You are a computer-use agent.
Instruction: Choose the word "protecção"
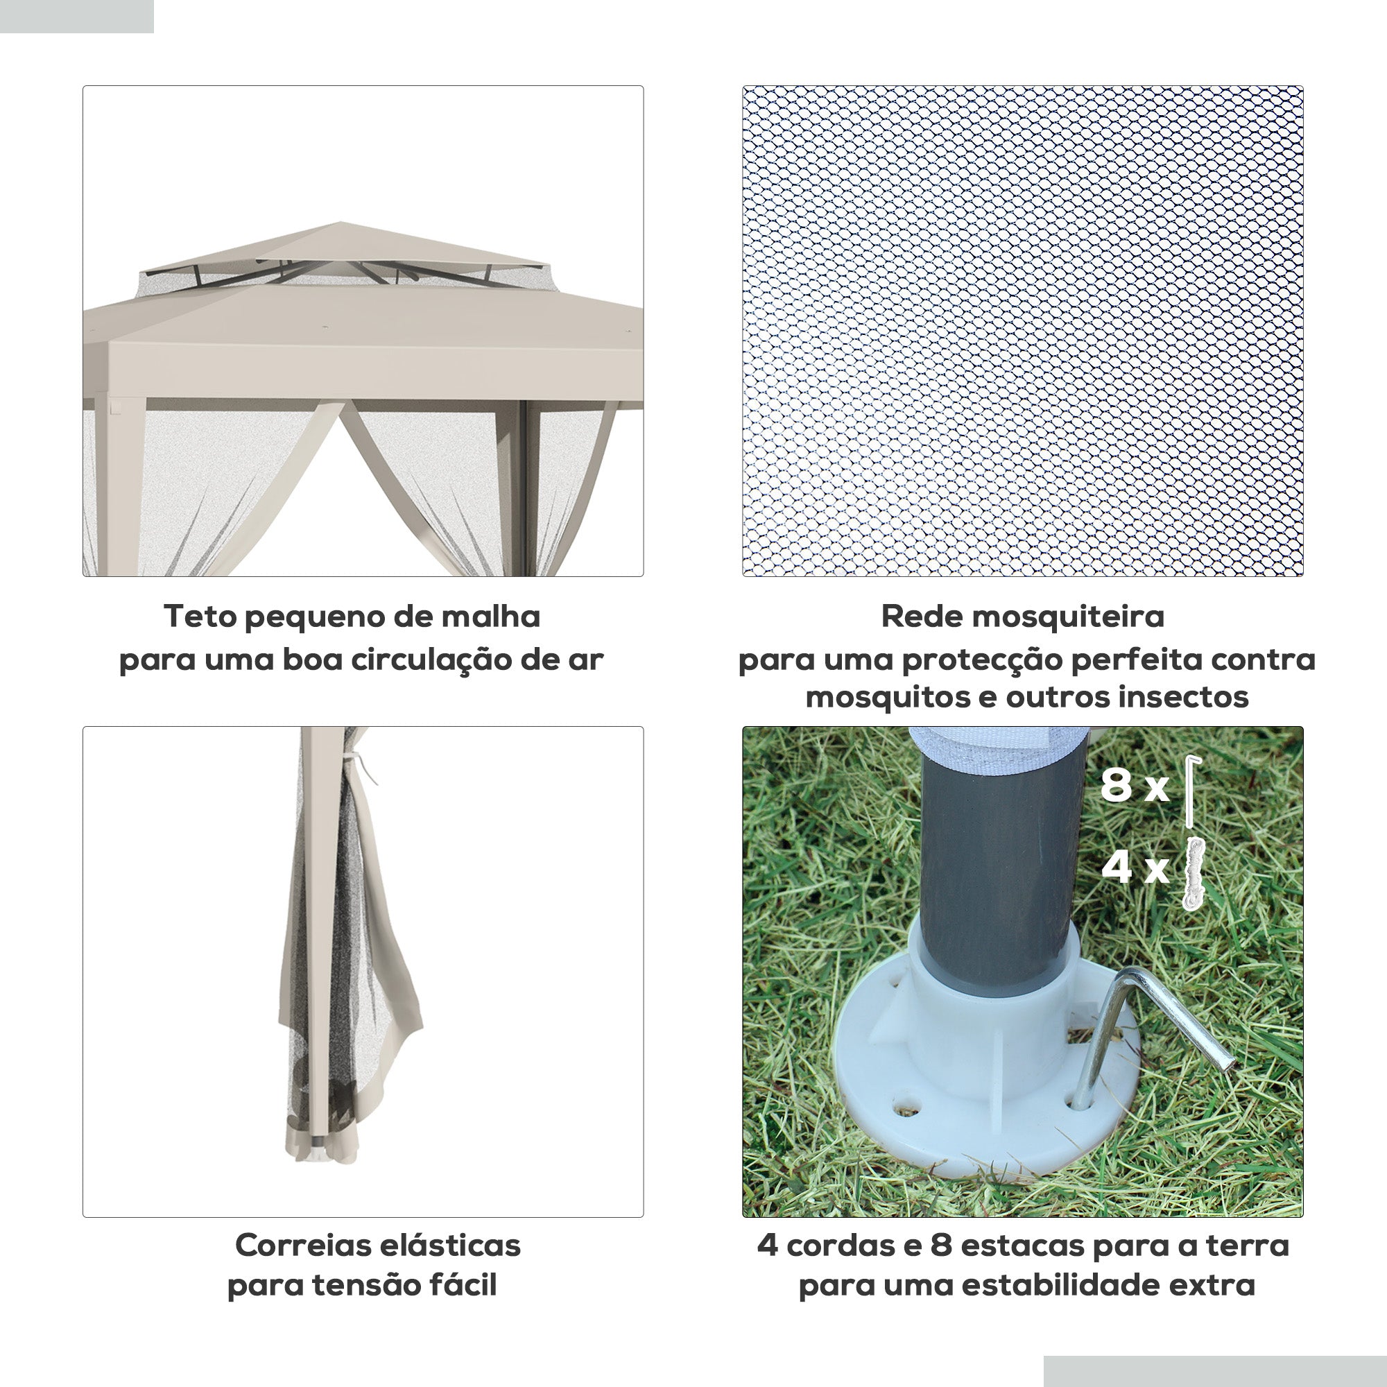[981, 660]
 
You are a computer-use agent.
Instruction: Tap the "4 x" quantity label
[1135, 868]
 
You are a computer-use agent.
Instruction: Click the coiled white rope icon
[1192, 872]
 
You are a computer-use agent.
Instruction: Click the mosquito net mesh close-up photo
[1022, 331]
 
